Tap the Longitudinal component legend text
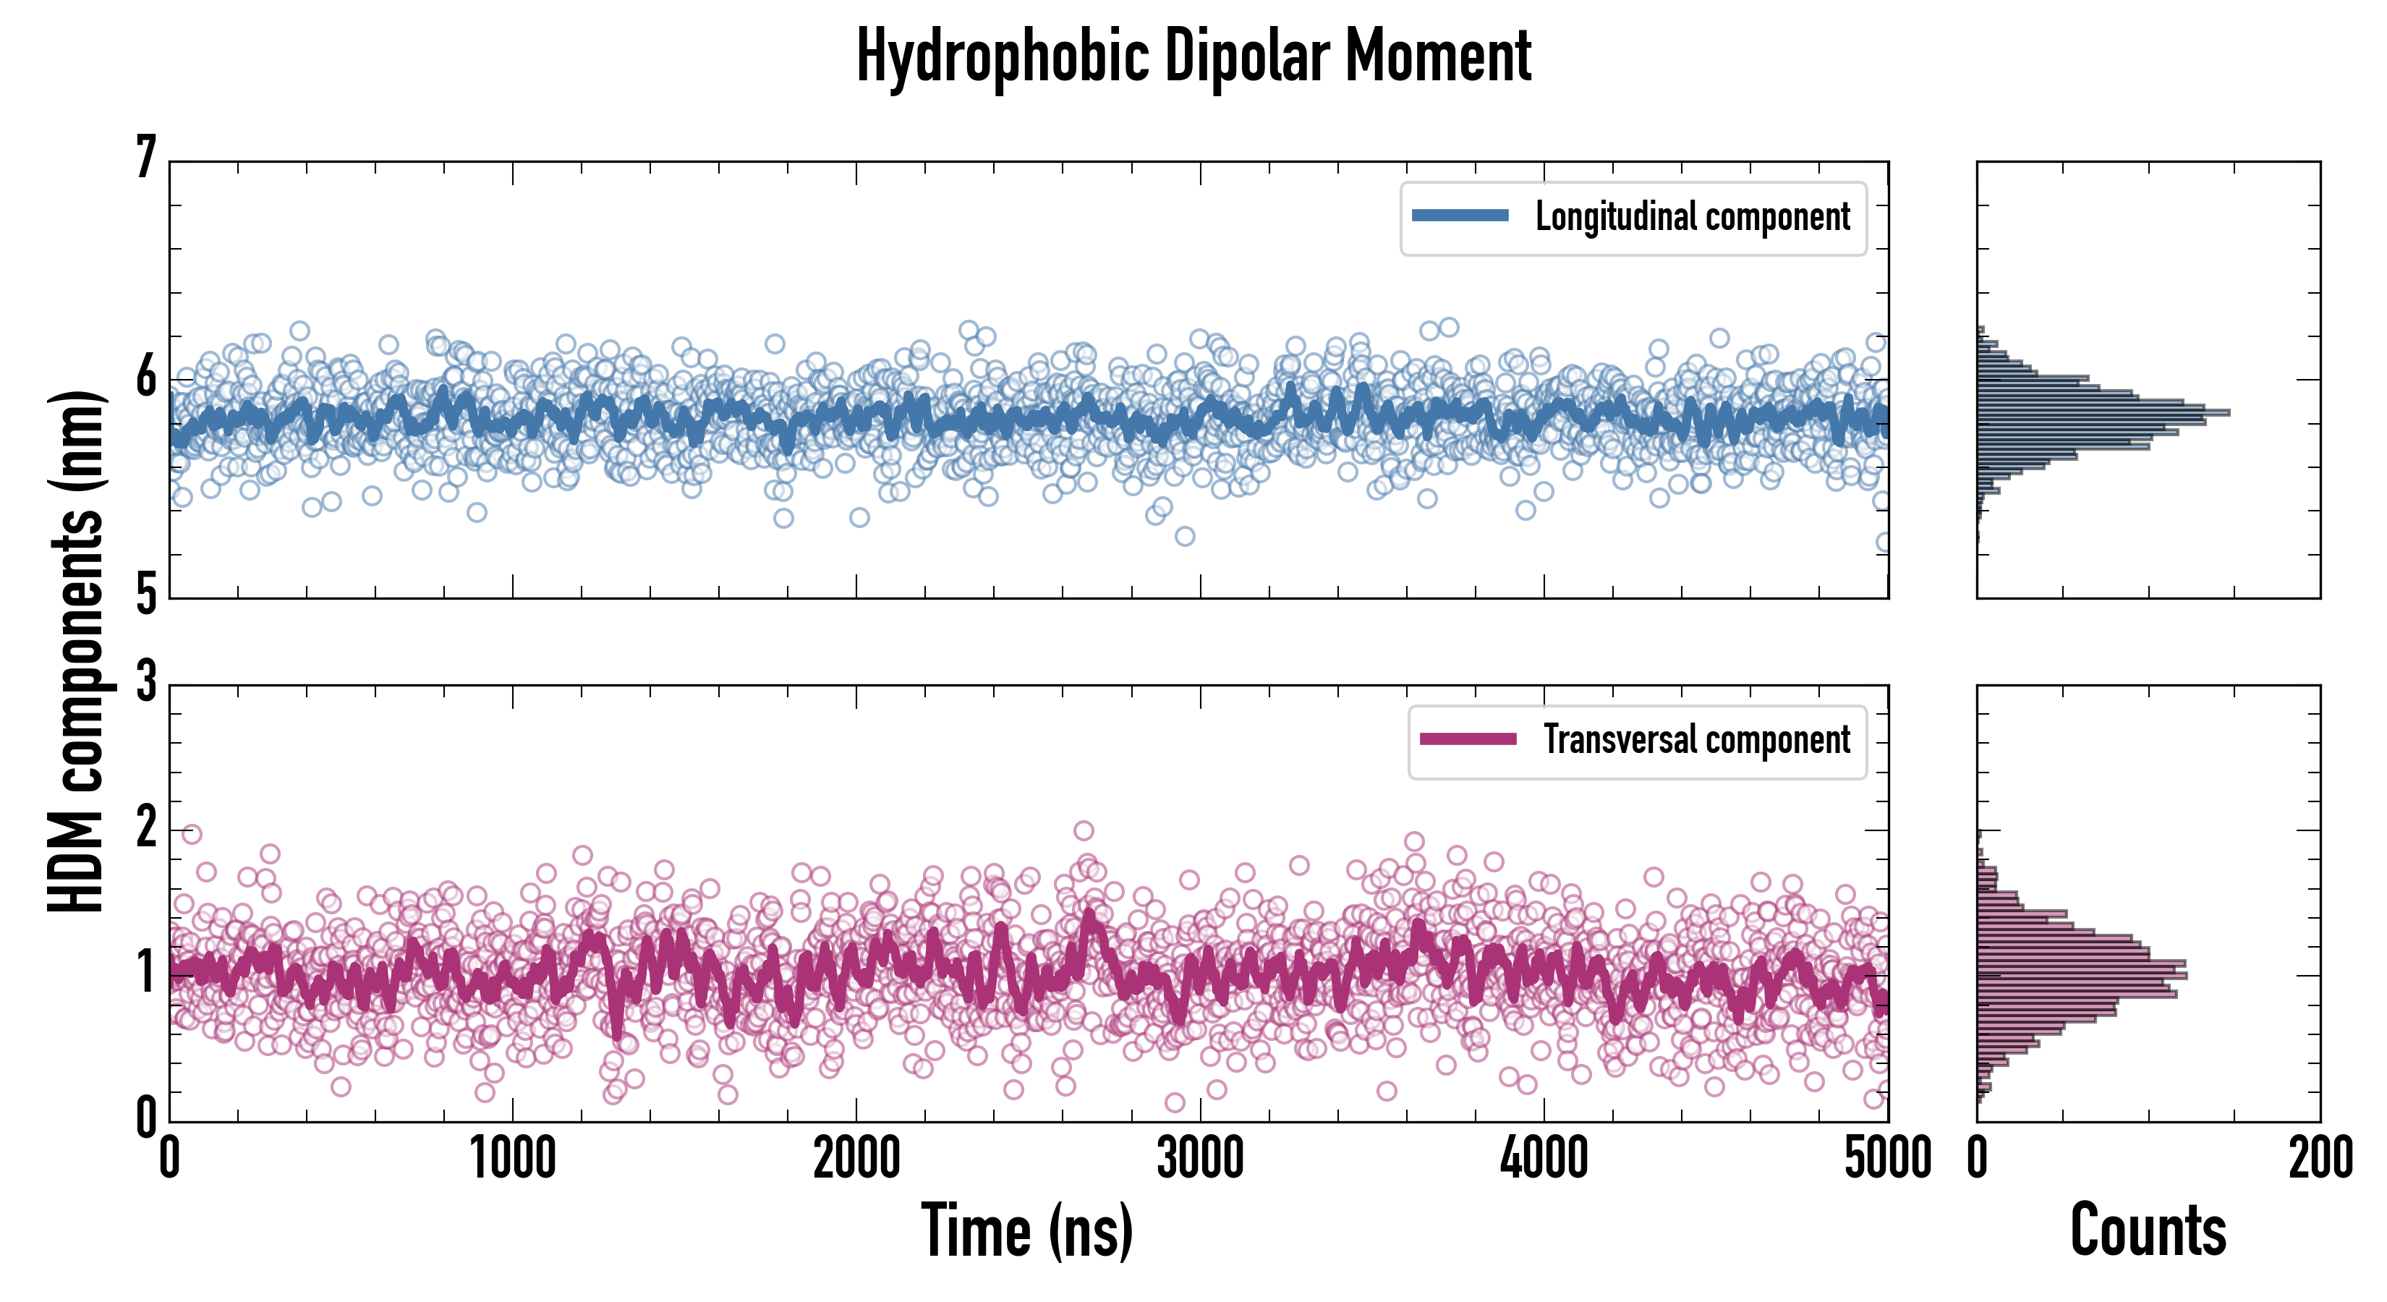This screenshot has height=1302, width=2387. [x=1692, y=217]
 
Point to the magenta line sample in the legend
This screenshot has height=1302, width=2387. [x=1468, y=739]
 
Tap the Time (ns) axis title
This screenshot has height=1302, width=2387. [x=1026, y=1230]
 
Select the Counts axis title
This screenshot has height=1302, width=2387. [x=2148, y=1230]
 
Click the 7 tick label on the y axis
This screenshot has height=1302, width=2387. [x=145, y=158]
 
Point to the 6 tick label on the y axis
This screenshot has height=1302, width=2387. [x=145, y=377]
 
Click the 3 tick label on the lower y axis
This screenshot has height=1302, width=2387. [x=145, y=683]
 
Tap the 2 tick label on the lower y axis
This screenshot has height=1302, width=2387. [x=145, y=827]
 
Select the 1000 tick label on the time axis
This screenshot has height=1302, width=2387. [x=512, y=1158]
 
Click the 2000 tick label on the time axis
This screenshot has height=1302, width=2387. [x=856, y=1158]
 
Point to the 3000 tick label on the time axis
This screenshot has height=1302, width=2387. [x=1200, y=1158]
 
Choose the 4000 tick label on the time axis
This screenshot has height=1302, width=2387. [x=1544, y=1158]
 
